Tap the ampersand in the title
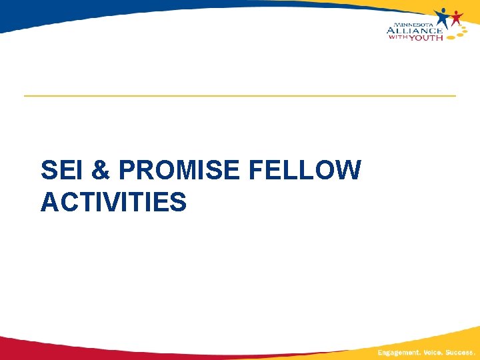(x=101, y=171)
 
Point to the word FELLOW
(x=305, y=171)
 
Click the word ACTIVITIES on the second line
(x=113, y=201)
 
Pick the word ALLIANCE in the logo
(x=414, y=29)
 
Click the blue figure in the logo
(x=443, y=17)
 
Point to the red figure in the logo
(x=457, y=19)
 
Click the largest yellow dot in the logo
(x=451, y=37)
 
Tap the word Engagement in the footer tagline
(x=399, y=352)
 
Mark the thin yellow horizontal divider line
(x=240, y=96)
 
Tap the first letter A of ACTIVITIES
(x=49, y=201)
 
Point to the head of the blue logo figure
(x=443, y=11)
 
